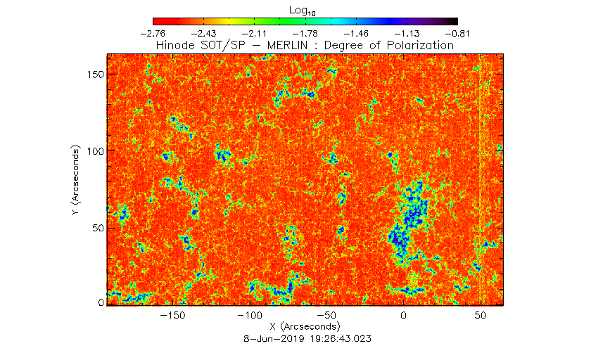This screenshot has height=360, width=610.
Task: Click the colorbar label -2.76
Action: pyautogui.click(x=153, y=34)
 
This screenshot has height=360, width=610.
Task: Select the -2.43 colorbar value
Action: pyautogui.click(x=204, y=34)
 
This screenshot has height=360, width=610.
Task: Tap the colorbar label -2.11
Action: pyautogui.click(x=254, y=34)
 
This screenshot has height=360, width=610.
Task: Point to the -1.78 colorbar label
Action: pyautogui.click(x=305, y=34)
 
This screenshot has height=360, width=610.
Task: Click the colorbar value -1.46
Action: pyautogui.click(x=356, y=34)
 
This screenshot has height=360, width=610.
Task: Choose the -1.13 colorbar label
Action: pyautogui.click(x=407, y=34)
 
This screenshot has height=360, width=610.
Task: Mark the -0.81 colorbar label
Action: pyautogui.click(x=457, y=34)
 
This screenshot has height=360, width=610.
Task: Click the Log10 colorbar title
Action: pyautogui.click(x=303, y=11)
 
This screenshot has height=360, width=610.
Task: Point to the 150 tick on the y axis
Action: pyautogui.click(x=96, y=75)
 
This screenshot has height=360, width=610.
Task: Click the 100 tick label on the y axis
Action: pyautogui.click(x=96, y=151)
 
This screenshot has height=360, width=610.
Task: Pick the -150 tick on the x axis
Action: pyautogui.click(x=173, y=315)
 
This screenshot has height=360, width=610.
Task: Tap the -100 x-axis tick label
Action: pyautogui.click(x=250, y=315)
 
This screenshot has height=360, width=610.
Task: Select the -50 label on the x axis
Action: pyautogui.click(x=326, y=315)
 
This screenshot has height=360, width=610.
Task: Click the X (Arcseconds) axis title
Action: pyautogui.click(x=305, y=326)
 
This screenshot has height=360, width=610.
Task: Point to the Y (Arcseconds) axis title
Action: pyautogui.click(x=75, y=180)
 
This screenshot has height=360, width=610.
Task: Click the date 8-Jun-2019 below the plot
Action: pyautogui.click(x=274, y=339)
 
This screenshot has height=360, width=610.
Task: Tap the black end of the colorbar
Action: pyautogui.click(x=453, y=21)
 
